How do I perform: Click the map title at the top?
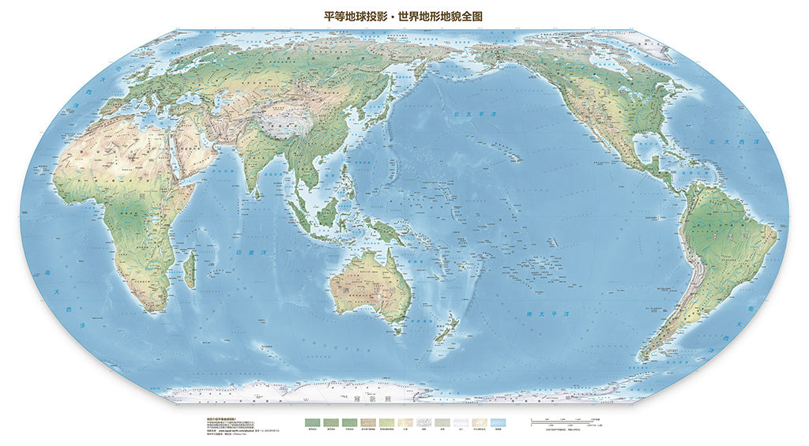point(404,15)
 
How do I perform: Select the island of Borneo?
point(329,211)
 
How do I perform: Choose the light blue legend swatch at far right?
point(499,423)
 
